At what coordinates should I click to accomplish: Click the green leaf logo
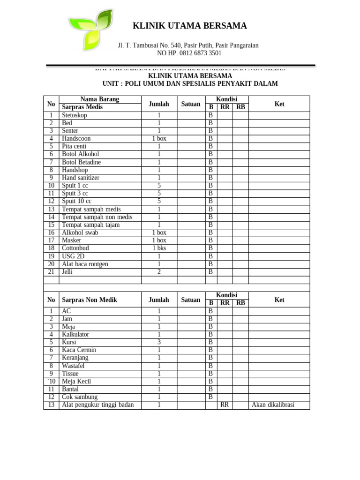coord(90,29)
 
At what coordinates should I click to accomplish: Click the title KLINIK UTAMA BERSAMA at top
coord(190,26)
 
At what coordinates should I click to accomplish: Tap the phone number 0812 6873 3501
coord(202,53)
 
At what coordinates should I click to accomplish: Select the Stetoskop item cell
coord(75,115)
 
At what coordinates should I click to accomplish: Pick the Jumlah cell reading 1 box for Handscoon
coord(159,139)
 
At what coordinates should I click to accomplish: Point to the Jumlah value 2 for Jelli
coord(159,272)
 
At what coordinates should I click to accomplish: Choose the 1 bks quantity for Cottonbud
coord(159,248)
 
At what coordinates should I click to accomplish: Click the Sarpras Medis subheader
coord(82,107)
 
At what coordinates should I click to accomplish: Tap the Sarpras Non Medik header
coord(90,300)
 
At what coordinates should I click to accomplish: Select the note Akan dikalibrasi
coord(273,405)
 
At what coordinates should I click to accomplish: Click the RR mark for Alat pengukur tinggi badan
coord(225,405)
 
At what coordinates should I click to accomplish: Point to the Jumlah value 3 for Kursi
coord(159,342)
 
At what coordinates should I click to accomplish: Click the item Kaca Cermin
coord(79,350)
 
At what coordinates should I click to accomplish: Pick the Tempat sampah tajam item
coord(91,225)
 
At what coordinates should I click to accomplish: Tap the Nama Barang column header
coord(100,99)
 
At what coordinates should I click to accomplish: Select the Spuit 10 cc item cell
coord(77,202)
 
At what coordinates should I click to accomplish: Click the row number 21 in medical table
coord(51,272)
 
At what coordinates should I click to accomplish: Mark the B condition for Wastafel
coord(210,366)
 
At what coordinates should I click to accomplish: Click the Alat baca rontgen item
coord(85,264)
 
